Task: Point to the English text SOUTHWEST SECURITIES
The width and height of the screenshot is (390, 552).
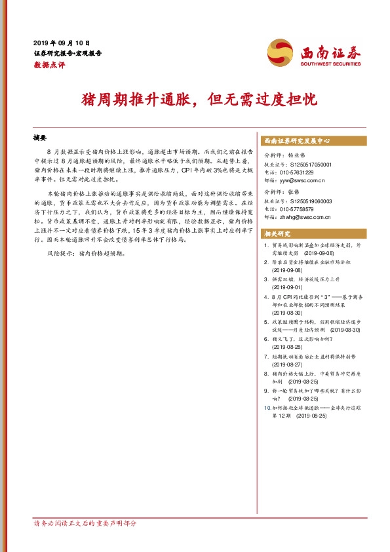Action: tap(330, 64)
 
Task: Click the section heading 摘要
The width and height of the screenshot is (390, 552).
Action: tap(40, 138)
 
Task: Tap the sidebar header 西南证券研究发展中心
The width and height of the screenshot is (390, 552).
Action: tap(296, 141)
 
